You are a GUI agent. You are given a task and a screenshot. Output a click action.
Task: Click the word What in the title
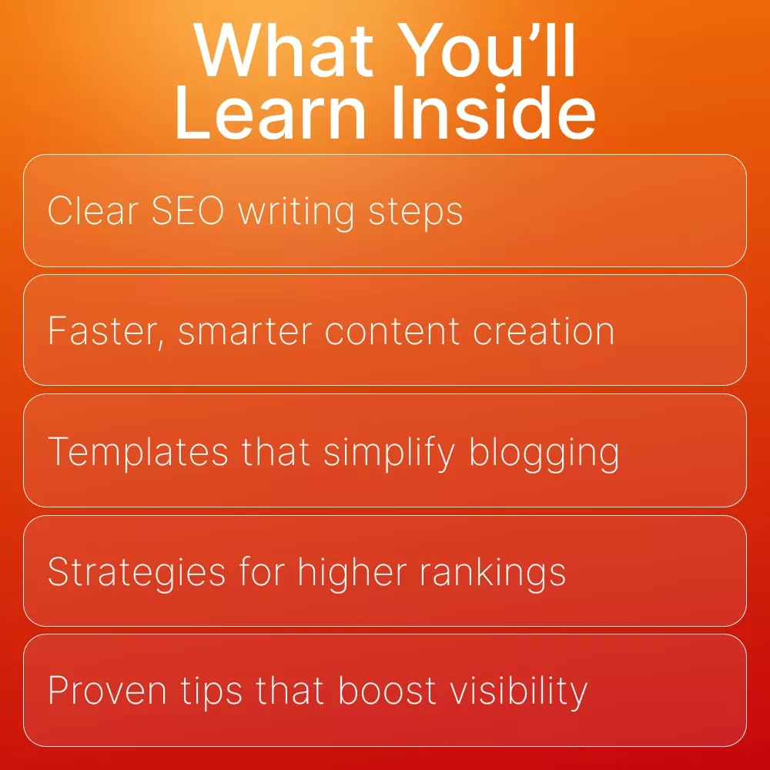coord(283,50)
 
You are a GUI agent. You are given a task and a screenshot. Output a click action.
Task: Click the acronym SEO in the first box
coord(188,211)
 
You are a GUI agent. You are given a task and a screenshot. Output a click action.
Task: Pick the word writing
coord(296,213)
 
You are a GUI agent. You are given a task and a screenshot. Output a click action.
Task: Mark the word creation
coord(544,331)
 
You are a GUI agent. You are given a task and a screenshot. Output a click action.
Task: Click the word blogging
coord(544,454)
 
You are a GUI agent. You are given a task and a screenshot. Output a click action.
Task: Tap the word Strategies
coord(136,573)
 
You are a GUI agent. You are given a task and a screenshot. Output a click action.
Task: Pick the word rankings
coord(493,573)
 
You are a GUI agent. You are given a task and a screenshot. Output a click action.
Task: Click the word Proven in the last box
coord(107,691)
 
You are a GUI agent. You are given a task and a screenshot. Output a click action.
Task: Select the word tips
coord(211,692)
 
